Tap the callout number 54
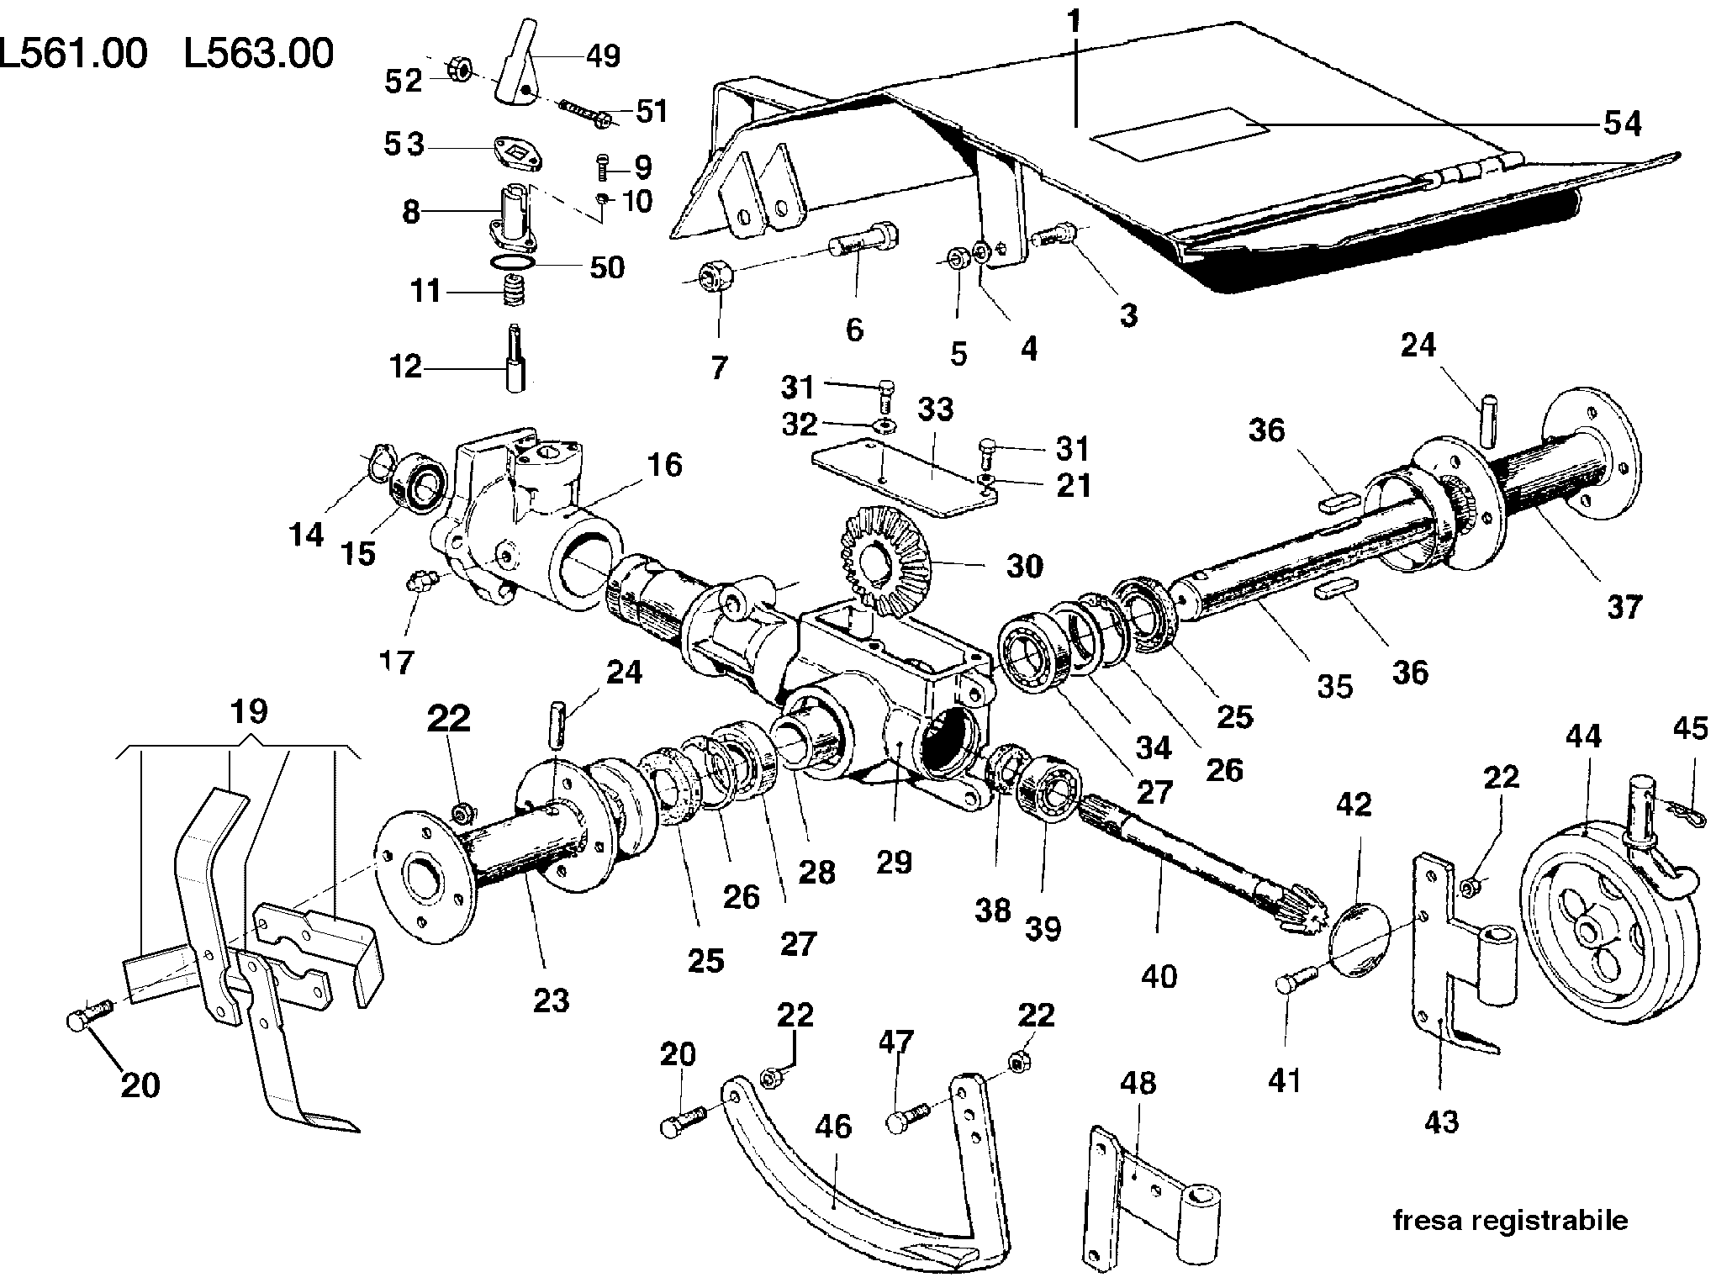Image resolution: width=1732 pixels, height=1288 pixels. [1622, 124]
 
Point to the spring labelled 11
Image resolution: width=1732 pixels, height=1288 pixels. [514, 292]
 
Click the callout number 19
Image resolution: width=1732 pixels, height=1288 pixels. [249, 712]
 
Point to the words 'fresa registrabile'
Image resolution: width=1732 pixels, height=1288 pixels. [1509, 1219]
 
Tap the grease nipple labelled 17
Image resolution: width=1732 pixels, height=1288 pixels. [419, 582]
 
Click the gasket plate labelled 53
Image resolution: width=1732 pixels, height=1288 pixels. [516, 155]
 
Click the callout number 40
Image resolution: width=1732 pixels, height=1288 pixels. [1159, 976]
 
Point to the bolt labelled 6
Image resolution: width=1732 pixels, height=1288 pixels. [862, 239]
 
